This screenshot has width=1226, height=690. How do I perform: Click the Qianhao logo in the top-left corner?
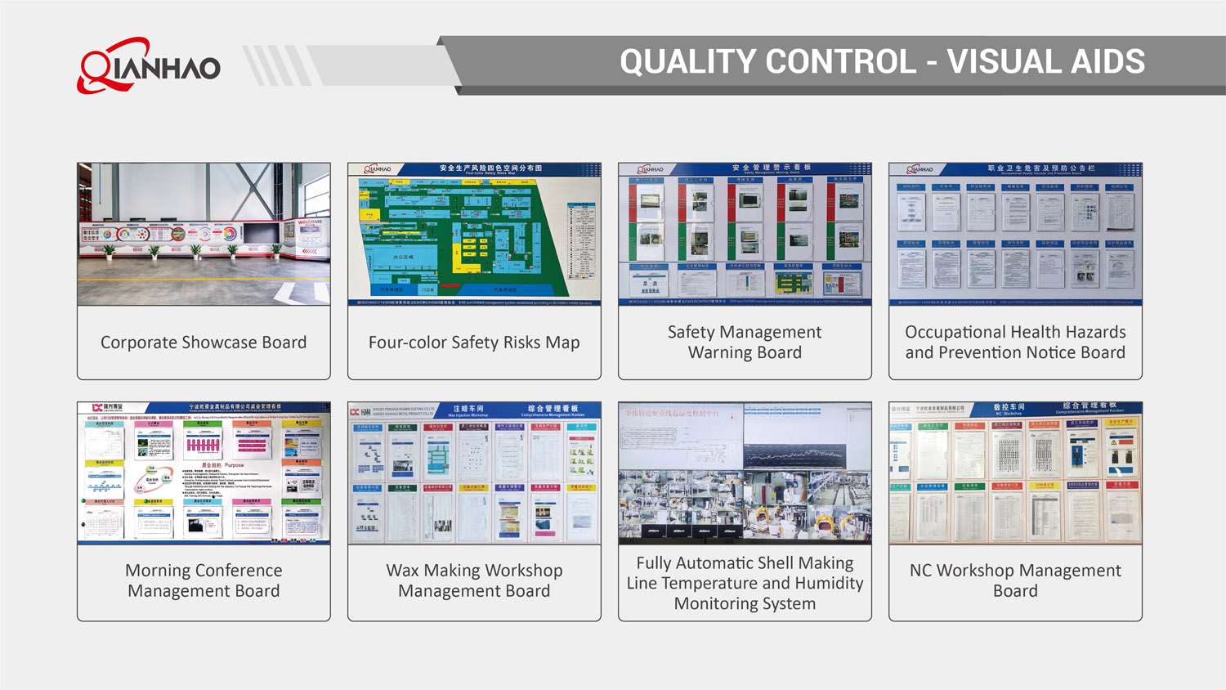point(148,65)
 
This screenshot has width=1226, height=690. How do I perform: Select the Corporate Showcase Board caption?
point(204,343)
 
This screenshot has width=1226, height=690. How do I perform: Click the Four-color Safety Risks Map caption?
point(474,343)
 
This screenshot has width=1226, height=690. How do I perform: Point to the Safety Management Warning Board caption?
point(745,343)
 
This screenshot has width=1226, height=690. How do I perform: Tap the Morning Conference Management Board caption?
point(204,580)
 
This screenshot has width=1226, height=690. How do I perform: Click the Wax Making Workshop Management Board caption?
point(474,580)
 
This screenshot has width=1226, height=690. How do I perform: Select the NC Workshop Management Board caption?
point(1015,580)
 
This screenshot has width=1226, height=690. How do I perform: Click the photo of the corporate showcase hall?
point(204,234)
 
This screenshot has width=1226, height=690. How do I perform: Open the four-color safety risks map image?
point(474,234)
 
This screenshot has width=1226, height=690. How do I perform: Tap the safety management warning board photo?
point(745,234)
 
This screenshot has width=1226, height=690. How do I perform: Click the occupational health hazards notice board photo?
point(1015,234)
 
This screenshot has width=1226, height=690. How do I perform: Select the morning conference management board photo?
point(204,473)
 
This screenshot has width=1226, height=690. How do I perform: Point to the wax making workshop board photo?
point(474,473)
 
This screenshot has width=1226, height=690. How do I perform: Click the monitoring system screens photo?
point(745,473)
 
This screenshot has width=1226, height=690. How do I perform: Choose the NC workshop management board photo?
point(1015,473)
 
